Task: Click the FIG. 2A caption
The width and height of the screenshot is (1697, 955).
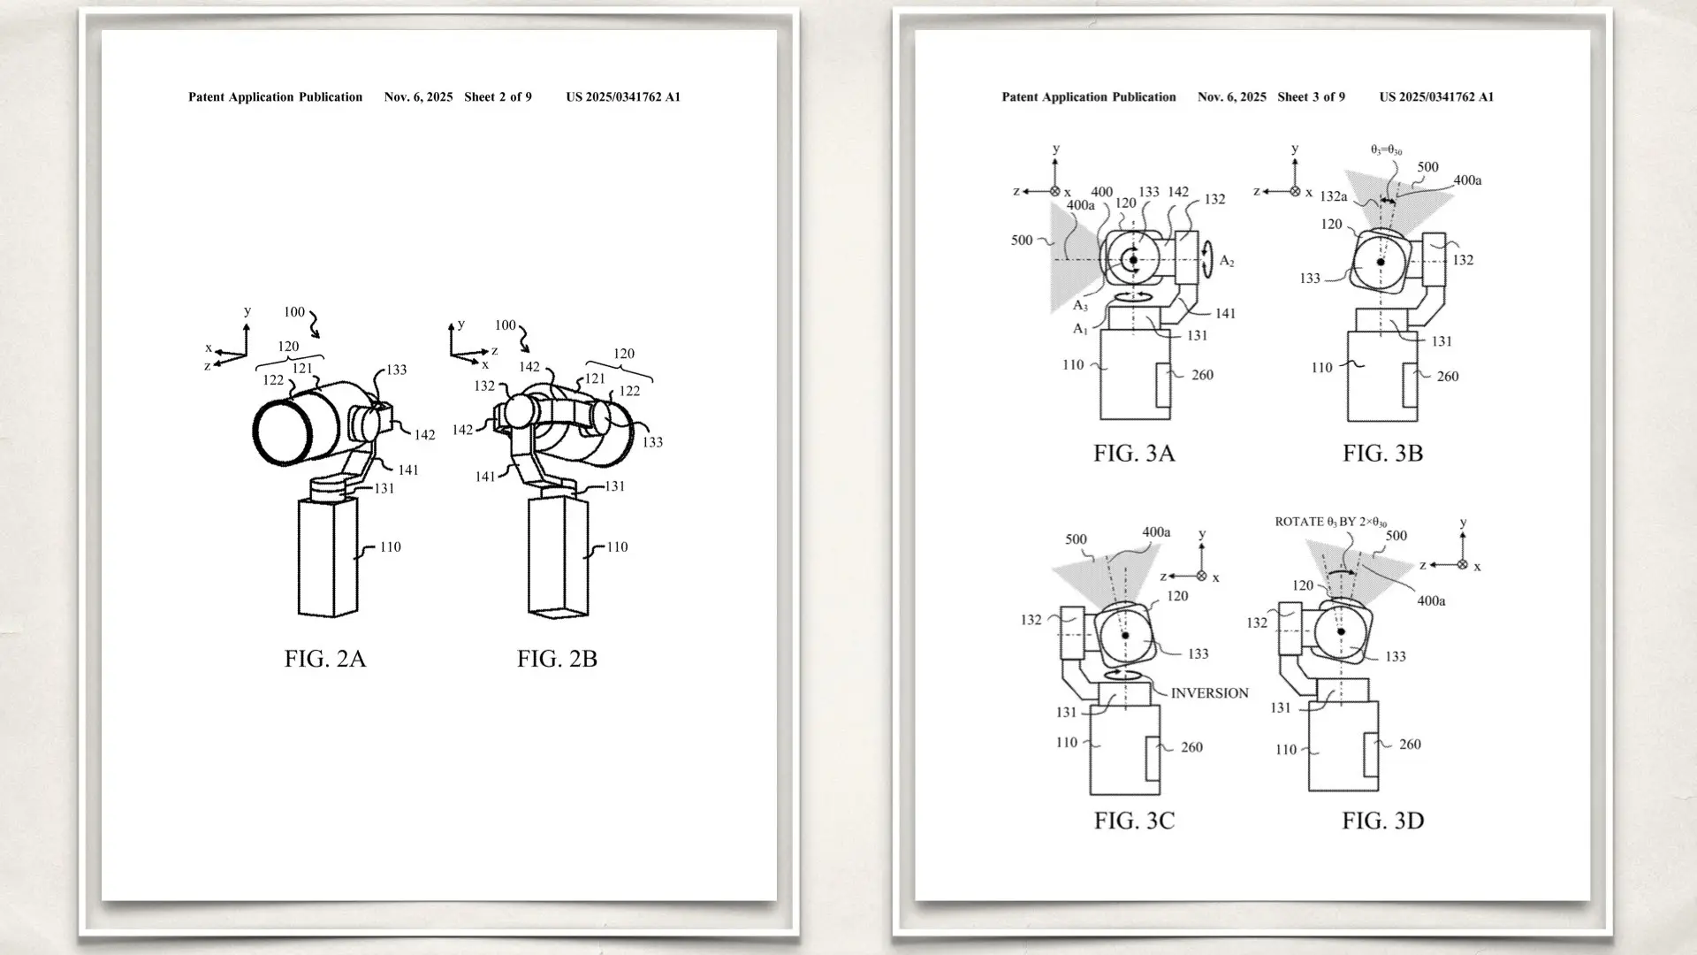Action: pyautogui.click(x=324, y=659)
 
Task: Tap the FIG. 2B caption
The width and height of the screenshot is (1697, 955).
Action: pyautogui.click(x=557, y=659)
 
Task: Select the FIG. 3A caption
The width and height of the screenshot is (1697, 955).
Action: pyautogui.click(x=1134, y=454)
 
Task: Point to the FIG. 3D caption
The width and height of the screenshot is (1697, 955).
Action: pyautogui.click(x=1382, y=821)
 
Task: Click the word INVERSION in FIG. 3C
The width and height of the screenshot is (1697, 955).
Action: pyautogui.click(x=1209, y=693)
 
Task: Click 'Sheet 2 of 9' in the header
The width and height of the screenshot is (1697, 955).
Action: pyautogui.click(x=498, y=97)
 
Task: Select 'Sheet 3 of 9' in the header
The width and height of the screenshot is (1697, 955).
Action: pyautogui.click(x=1311, y=97)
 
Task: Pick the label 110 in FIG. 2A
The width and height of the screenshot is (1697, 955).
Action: pyautogui.click(x=390, y=547)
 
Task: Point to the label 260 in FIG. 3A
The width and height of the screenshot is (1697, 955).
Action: pyautogui.click(x=1202, y=375)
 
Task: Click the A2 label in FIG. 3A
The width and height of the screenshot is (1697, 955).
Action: pyautogui.click(x=1227, y=261)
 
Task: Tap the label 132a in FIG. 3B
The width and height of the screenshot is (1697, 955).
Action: pyautogui.click(x=1333, y=196)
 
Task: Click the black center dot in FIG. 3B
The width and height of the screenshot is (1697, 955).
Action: pyautogui.click(x=1381, y=263)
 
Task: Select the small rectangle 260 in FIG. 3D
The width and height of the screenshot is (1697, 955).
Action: pyautogui.click(x=1371, y=755)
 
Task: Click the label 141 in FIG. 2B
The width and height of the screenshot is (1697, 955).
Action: pyautogui.click(x=485, y=477)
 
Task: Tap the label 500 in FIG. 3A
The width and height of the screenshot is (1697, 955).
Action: pyautogui.click(x=1022, y=241)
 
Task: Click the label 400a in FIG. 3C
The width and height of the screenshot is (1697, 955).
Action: pyautogui.click(x=1156, y=532)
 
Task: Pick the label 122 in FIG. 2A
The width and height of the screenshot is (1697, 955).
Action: pyautogui.click(x=273, y=380)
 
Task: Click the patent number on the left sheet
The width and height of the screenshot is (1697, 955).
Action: pyautogui.click(x=623, y=97)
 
